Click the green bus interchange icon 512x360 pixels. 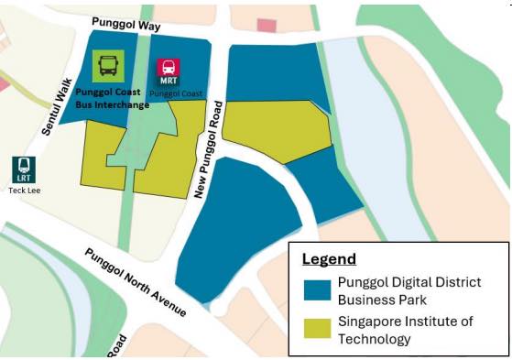108,65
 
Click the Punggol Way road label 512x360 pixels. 125,25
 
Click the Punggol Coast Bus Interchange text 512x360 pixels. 111,97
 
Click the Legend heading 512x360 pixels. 329,258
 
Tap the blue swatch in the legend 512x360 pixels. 316,289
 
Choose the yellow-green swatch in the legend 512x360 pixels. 316,328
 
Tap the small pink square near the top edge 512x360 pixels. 266,26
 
